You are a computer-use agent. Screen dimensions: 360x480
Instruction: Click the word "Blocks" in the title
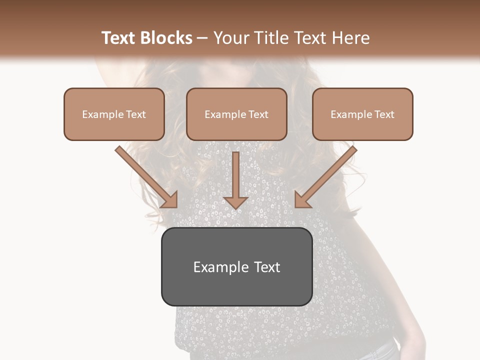pyautogui.click(x=167, y=38)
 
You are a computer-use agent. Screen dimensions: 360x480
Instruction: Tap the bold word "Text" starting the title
pyautogui.click(x=119, y=38)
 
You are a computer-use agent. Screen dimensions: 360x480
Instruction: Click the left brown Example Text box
pyautogui.click(x=114, y=114)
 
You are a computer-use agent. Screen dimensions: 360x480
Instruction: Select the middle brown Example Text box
pyautogui.click(x=236, y=114)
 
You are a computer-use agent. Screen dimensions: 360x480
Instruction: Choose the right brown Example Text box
pyautogui.click(x=362, y=114)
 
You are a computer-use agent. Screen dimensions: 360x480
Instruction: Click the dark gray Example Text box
pyautogui.click(x=236, y=266)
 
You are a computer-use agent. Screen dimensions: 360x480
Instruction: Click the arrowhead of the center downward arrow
pyautogui.click(x=235, y=202)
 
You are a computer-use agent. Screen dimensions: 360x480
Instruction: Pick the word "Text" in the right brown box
pyautogui.click(x=384, y=114)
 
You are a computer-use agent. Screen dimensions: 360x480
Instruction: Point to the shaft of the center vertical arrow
pyautogui.click(x=235, y=172)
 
